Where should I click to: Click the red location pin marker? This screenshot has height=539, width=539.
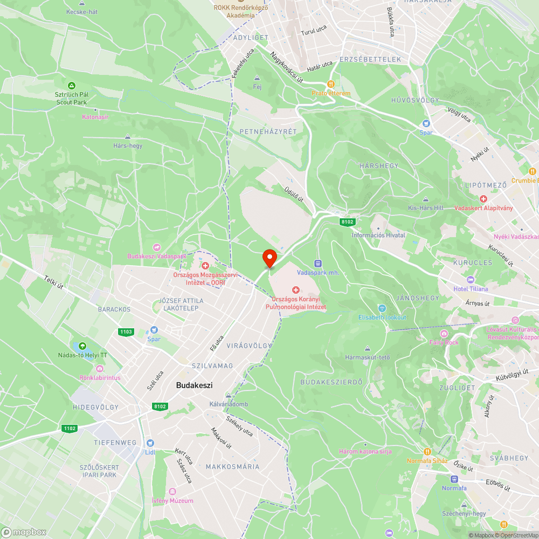269,258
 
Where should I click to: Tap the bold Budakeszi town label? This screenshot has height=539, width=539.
194,385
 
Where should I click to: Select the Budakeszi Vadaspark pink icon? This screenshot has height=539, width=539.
157,247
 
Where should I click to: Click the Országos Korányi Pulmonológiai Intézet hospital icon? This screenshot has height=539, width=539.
295,291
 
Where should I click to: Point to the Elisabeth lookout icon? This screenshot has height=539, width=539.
382,308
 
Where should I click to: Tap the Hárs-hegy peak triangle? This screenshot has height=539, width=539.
127,137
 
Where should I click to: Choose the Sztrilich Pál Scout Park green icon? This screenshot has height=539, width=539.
71,85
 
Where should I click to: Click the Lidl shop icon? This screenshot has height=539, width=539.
149,443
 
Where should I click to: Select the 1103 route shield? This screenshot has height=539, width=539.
126,331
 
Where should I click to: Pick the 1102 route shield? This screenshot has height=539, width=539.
70,429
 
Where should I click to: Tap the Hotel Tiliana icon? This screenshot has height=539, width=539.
470,280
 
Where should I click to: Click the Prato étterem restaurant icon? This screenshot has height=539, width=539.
330,84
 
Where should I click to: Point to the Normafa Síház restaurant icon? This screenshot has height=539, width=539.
427,452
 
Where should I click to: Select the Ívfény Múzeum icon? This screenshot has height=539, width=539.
172,492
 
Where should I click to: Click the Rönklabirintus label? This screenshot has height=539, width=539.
100,377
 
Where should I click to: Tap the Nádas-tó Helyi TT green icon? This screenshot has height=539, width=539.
82,345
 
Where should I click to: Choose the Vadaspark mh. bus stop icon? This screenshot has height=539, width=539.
317,264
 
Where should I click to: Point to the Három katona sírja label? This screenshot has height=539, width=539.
365,451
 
